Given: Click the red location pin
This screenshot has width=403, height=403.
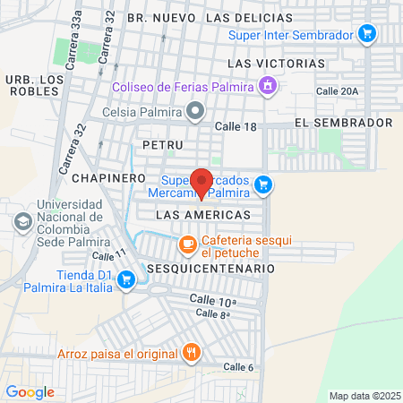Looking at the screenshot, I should pyautogui.click(x=201, y=182).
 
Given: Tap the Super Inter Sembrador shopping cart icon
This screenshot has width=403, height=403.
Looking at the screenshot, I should pyautogui.click(x=366, y=34).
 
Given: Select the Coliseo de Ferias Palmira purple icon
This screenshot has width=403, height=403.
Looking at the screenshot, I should pyautogui.click(x=266, y=86).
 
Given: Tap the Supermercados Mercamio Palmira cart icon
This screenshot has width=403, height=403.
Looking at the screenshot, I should pyautogui.click(x=262, y=185).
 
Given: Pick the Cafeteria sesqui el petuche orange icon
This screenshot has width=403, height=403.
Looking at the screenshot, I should pyautogui.click(x=187, y=244).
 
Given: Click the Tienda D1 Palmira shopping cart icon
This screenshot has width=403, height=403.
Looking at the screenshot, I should pyautogui.click(x=126, y=280).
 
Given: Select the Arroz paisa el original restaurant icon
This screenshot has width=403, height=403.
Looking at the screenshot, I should pyautogui.click(x=190, y=353).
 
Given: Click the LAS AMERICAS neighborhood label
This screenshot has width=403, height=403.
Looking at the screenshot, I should pyautogui.click(x=201, y=216).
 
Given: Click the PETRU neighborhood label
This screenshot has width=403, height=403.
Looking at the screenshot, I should pyautogui.click(x=162, y=144).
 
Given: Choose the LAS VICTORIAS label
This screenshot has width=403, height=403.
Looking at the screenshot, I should pyautogui.click(x=277, y=64).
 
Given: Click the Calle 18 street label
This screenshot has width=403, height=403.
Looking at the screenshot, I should pyautogui.click(x=236, y=126).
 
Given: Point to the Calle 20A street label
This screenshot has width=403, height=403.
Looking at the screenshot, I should pyautogui.click(x=337, y=90).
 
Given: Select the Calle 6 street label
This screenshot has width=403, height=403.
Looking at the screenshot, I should pyautogui.click(x=238, y=367).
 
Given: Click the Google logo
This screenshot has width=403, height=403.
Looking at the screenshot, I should pyautogui.click(x=30, y=391).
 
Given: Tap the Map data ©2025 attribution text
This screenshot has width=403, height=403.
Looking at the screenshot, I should pyautogui.click(x=364, y=396).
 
